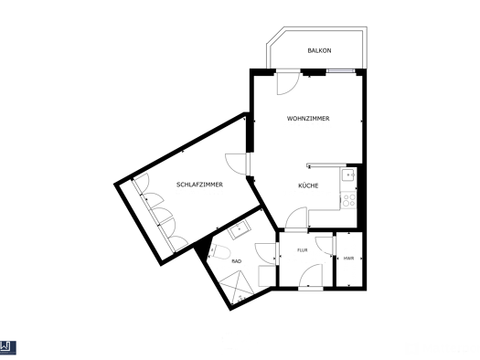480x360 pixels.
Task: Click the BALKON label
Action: [319, 50]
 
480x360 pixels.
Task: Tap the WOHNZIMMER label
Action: [308, 119]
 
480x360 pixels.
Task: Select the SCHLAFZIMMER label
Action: [199, 185]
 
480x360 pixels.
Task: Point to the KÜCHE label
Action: [308, 185]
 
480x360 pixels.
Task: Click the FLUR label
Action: [303, 250]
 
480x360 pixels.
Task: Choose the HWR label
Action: [348, 259]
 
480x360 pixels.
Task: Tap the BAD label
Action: [237, 261]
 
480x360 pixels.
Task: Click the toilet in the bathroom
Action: [219, 251]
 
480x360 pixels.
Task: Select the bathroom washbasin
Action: [240, 229]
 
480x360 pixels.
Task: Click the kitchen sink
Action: [348, 175]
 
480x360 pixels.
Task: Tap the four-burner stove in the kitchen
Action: [348, 200]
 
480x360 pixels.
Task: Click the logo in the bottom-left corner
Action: [8, 348]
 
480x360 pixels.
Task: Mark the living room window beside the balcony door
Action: [340, 71]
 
